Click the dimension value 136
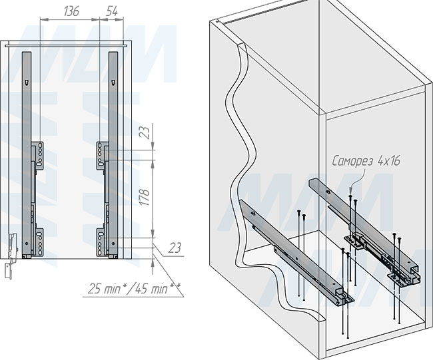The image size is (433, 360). coord(71,11)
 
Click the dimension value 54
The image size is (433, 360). coord(112,11)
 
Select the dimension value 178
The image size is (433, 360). coord(145,197)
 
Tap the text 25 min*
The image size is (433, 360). coord(106,289)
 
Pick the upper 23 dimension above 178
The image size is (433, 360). coord(147,132)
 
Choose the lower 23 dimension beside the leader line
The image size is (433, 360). coord(175,248)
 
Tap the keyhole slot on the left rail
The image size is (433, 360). coord(26,83)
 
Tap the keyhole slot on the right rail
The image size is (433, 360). coord(113,83)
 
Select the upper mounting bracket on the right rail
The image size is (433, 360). coord(102,155)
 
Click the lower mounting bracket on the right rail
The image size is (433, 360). coord(102,242)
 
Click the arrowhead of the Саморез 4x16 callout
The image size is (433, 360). coord(351,192)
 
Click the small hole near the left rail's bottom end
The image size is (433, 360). coord(27,244)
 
